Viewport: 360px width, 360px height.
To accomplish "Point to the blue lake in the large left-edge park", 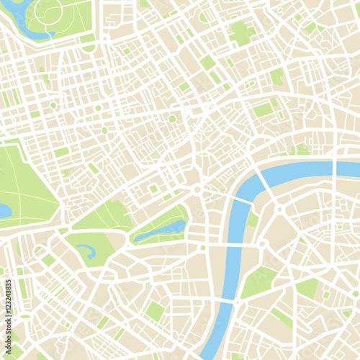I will [4, 211].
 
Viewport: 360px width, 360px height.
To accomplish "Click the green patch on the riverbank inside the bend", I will [252, 217].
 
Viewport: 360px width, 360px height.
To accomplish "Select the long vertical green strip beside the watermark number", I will [22, 288].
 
